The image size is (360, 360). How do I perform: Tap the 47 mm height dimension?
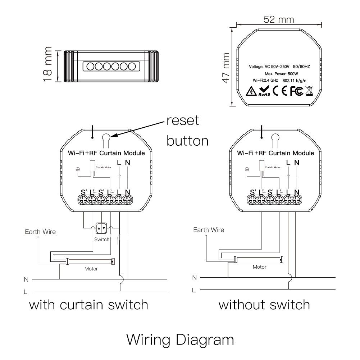[225, 68]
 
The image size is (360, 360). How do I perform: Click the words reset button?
[187, 131]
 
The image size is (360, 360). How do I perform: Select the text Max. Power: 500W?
[279, 73]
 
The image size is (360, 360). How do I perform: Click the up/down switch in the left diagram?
[102, 228]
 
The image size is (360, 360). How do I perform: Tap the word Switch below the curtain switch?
[102, 240]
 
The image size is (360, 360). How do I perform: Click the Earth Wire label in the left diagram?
[40, 232]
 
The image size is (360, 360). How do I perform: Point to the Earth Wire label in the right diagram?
[208, 230]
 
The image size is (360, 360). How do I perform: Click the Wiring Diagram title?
[180, 339]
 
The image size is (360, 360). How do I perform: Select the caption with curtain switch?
[88, 305]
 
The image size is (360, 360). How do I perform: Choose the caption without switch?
[264, 305]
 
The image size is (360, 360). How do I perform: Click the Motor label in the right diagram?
[259, 267]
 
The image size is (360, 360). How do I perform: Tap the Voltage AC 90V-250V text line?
[279, 67]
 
